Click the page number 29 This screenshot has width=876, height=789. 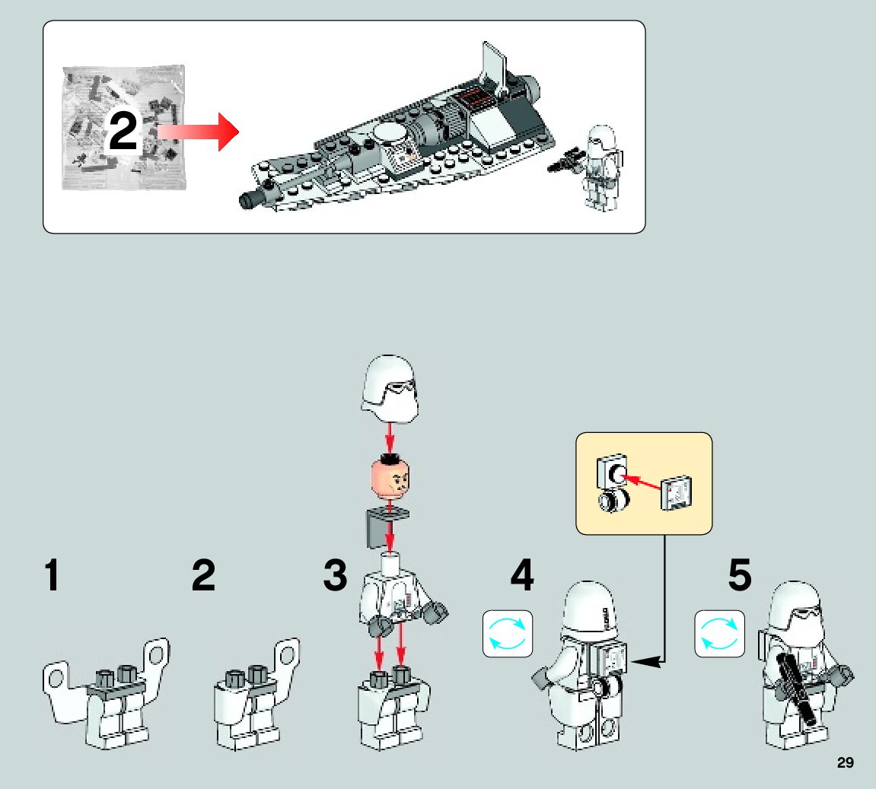[845, 763]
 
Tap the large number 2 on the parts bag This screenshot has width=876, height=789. [123, 132]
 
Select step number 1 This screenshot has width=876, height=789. [52, 576]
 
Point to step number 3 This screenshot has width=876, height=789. [335, 576]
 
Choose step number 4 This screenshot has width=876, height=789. [522, 576]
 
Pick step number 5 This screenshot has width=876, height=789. [740, 576]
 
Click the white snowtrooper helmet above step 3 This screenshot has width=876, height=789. [390, 389]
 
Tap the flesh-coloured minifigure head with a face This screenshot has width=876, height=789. [390, 477]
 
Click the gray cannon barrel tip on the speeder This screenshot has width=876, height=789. [249, 200]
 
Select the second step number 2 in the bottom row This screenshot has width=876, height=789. [203, 576]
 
